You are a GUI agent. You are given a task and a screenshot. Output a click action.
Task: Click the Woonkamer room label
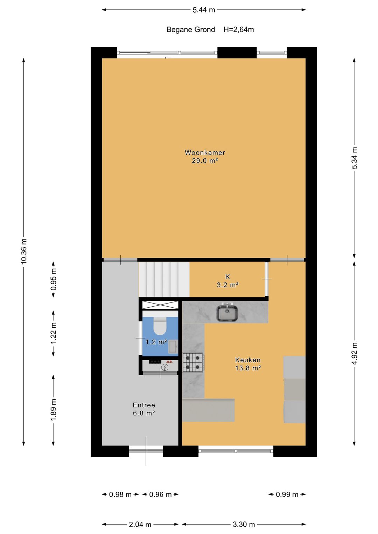[205, 152]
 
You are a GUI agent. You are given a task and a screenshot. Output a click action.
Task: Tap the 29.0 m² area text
[205, 161]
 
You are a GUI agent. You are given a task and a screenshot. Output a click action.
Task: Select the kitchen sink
[227, 312]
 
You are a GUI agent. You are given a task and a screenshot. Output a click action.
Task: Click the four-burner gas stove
[194, 362]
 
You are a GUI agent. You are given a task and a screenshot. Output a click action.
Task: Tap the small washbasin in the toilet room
[173, 347]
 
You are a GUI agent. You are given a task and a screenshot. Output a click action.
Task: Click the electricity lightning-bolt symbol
[164, 367]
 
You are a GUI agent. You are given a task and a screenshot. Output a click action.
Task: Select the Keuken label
[248, 360]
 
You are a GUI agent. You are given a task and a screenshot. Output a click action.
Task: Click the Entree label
[144, 405]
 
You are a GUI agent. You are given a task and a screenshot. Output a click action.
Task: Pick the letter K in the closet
[227, 277]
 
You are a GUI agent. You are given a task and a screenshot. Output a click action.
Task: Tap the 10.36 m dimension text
[24, 251]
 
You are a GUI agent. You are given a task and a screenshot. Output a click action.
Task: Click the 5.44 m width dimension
[204, 10]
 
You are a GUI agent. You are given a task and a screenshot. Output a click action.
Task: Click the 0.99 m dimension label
[287, 494]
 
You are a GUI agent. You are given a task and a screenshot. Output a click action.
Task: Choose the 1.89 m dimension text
[54, 410]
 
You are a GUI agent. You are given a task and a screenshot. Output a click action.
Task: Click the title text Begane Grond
[191, 30]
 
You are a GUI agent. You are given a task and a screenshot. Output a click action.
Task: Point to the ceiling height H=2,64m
[239, 30]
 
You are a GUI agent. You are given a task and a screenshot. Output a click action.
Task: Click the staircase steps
[164, 279]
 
